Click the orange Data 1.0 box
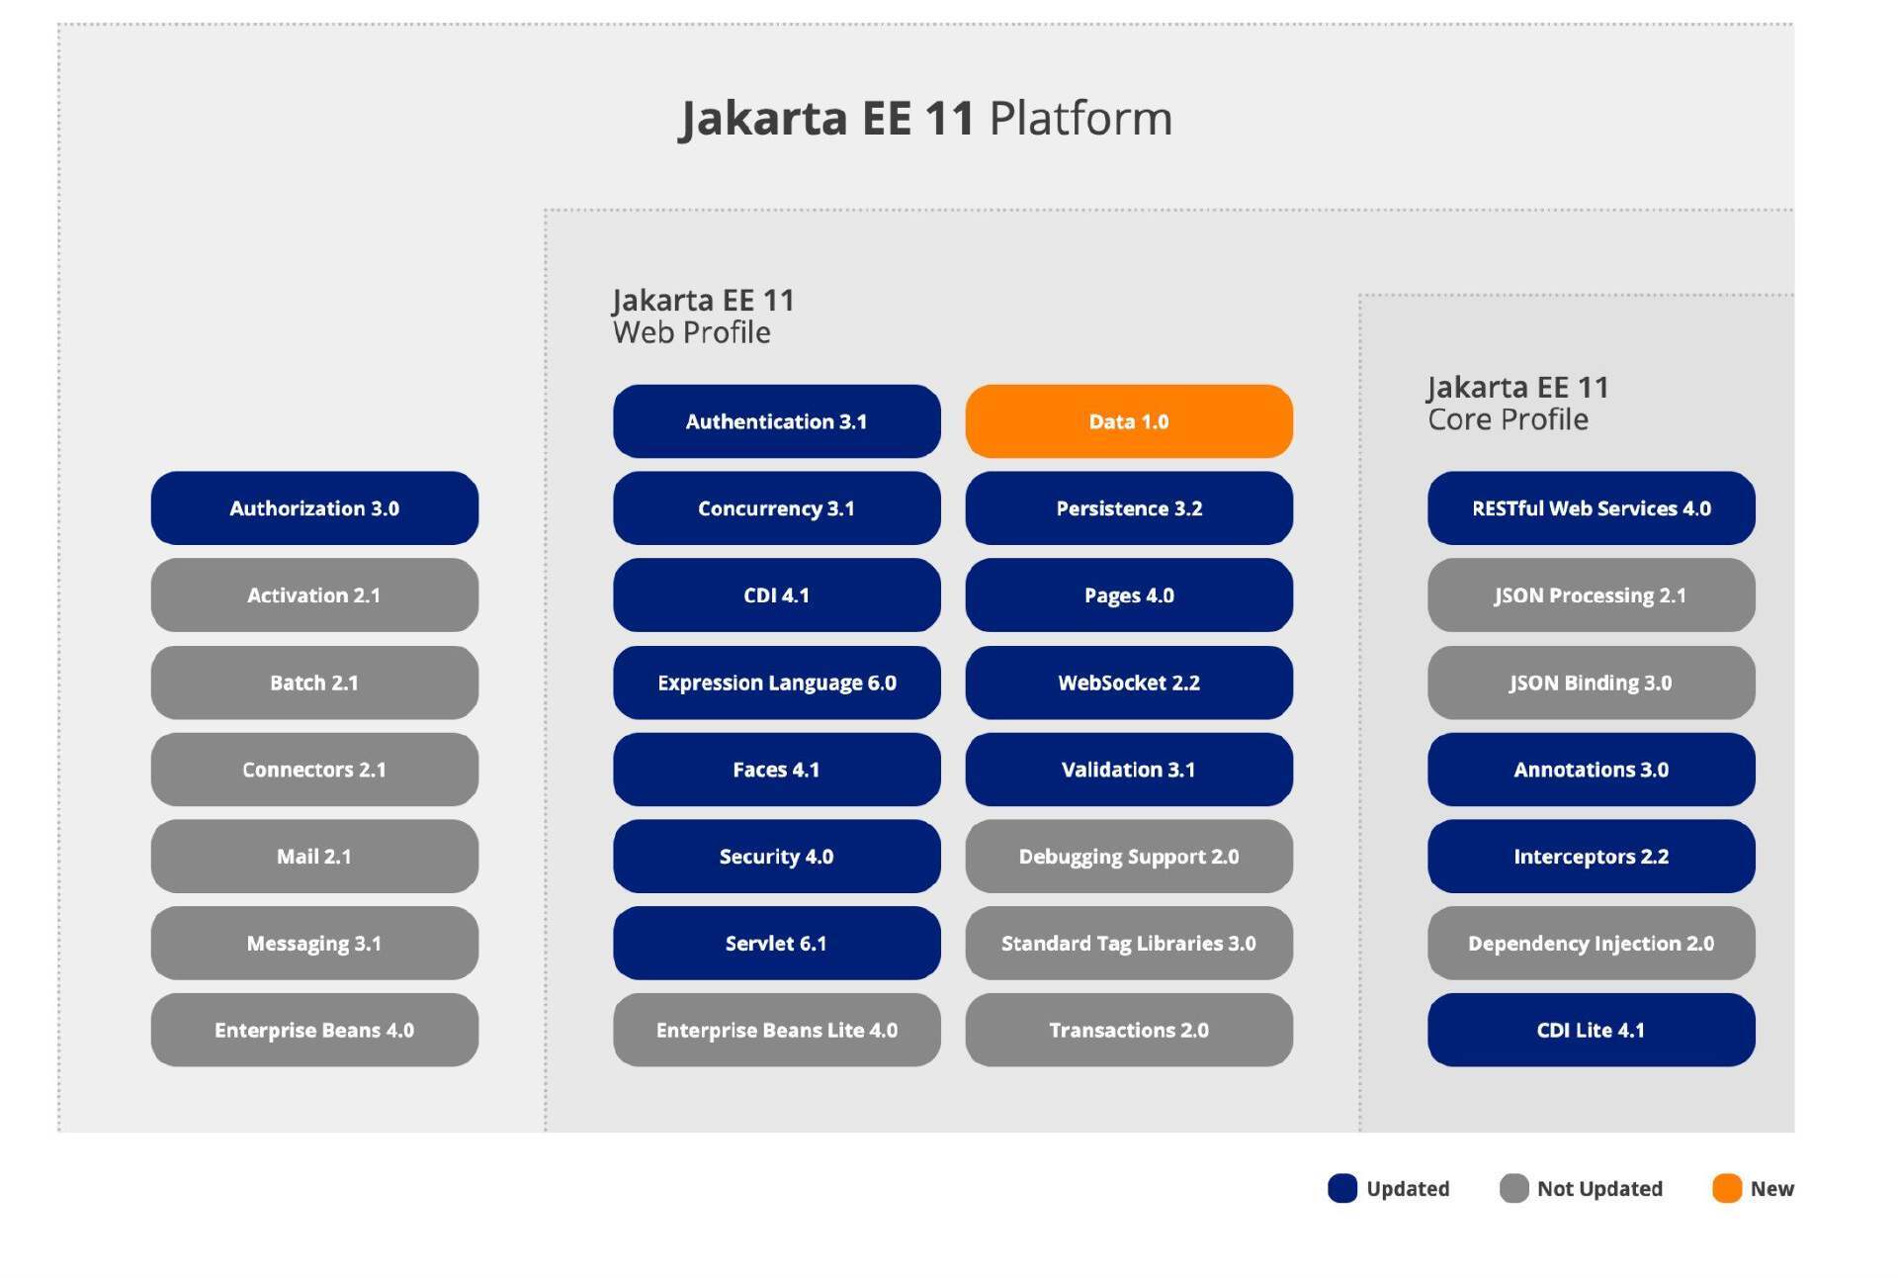(x=1129, y=421)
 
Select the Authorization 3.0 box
(x=314, y=508)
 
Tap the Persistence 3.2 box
(x=1129, y=508)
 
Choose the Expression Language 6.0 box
(x=777, y=683)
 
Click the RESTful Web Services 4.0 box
(x=1592, y=508)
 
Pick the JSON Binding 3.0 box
(x=1592, y=683)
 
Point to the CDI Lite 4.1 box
(x=1592, y=1030)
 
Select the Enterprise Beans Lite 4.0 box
(x=777, y=1030)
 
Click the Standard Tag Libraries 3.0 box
(x=1129, y=944)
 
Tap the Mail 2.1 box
(x=314, y=857)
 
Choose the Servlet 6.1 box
(x=777, y=944)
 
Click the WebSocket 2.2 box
(x=1129, y=683)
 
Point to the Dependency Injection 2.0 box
(x=1592, y=944)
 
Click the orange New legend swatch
(x=1727, y=1188)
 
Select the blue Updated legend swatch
(x=1342, y=1188)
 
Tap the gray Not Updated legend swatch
(x=1513, y=1188)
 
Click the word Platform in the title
(x=1080, y=119)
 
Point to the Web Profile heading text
(x=692, y=332)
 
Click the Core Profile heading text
(x=1508, y=419)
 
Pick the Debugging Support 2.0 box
(x=1129, y=857)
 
